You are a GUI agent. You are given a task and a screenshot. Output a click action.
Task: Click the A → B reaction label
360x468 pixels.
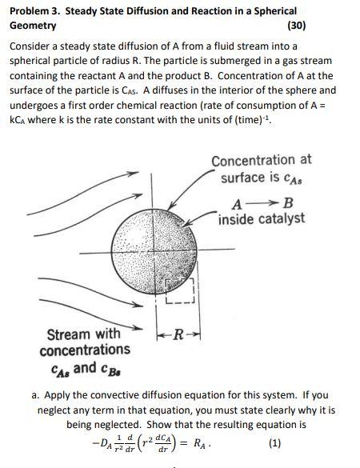click(250, 201)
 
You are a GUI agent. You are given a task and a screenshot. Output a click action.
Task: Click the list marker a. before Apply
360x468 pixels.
click(37, 395)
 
